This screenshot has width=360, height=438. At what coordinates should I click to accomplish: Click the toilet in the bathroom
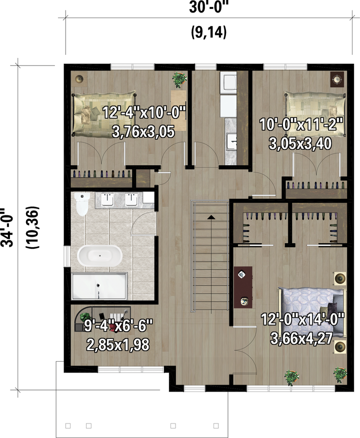click(82, 204)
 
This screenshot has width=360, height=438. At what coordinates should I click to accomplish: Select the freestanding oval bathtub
click(99, 256)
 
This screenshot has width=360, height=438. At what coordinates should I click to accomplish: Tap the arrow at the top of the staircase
click(211, 217)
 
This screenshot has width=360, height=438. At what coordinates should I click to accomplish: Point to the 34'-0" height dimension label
click(6, 227)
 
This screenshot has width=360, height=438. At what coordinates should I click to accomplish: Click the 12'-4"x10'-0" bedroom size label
click(144, 112)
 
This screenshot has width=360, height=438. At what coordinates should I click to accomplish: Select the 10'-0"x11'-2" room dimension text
click(301, 124)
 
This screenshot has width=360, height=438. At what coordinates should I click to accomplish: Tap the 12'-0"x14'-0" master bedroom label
click(302, 319)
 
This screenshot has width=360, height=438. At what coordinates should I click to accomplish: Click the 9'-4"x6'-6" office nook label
click(118, 326)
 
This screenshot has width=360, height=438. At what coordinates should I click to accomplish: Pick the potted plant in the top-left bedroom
click(178, 79)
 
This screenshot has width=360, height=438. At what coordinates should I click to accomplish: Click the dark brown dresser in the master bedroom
click(243, 287)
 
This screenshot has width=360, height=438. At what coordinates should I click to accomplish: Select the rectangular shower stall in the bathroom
click(99, 286)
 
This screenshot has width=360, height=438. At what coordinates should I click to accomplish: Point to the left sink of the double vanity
click(107, 200)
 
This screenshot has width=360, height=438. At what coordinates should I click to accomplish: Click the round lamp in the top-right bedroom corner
click(337, 79)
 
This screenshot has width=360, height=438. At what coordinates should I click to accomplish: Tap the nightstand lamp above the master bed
click(340, 278)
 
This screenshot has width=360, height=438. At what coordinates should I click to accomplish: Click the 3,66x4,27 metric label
click(301, 339)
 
